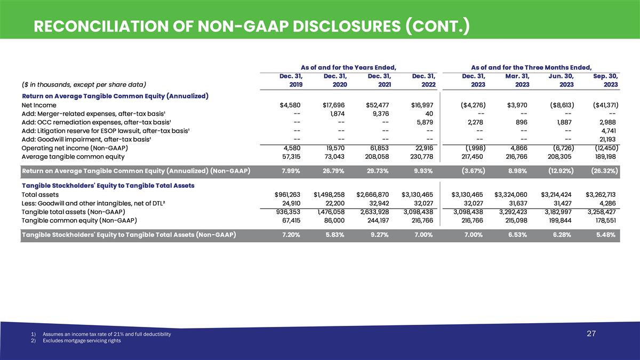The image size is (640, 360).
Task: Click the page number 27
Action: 591,334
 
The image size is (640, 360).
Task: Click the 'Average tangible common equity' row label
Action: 73,156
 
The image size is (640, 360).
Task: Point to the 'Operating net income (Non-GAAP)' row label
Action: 74,148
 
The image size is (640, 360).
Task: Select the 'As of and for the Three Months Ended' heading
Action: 532,67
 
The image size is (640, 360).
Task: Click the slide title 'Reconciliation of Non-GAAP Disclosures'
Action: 251,26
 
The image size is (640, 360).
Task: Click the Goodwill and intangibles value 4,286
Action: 609,203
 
